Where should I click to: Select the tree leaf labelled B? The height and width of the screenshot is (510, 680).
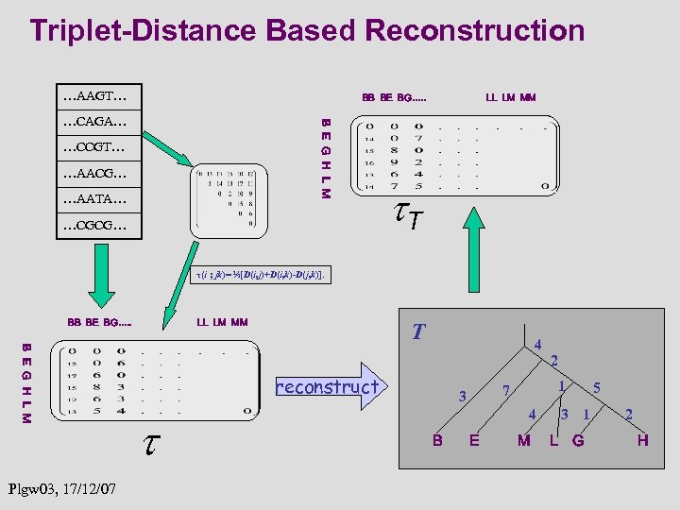pos(437,439)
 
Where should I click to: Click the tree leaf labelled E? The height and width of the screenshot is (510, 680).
pos(474,439)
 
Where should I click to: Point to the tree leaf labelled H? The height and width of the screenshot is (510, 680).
pos(642,439)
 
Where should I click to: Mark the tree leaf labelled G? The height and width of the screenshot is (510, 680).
pos(578,439)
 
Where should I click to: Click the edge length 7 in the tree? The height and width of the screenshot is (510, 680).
pos(506,390)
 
